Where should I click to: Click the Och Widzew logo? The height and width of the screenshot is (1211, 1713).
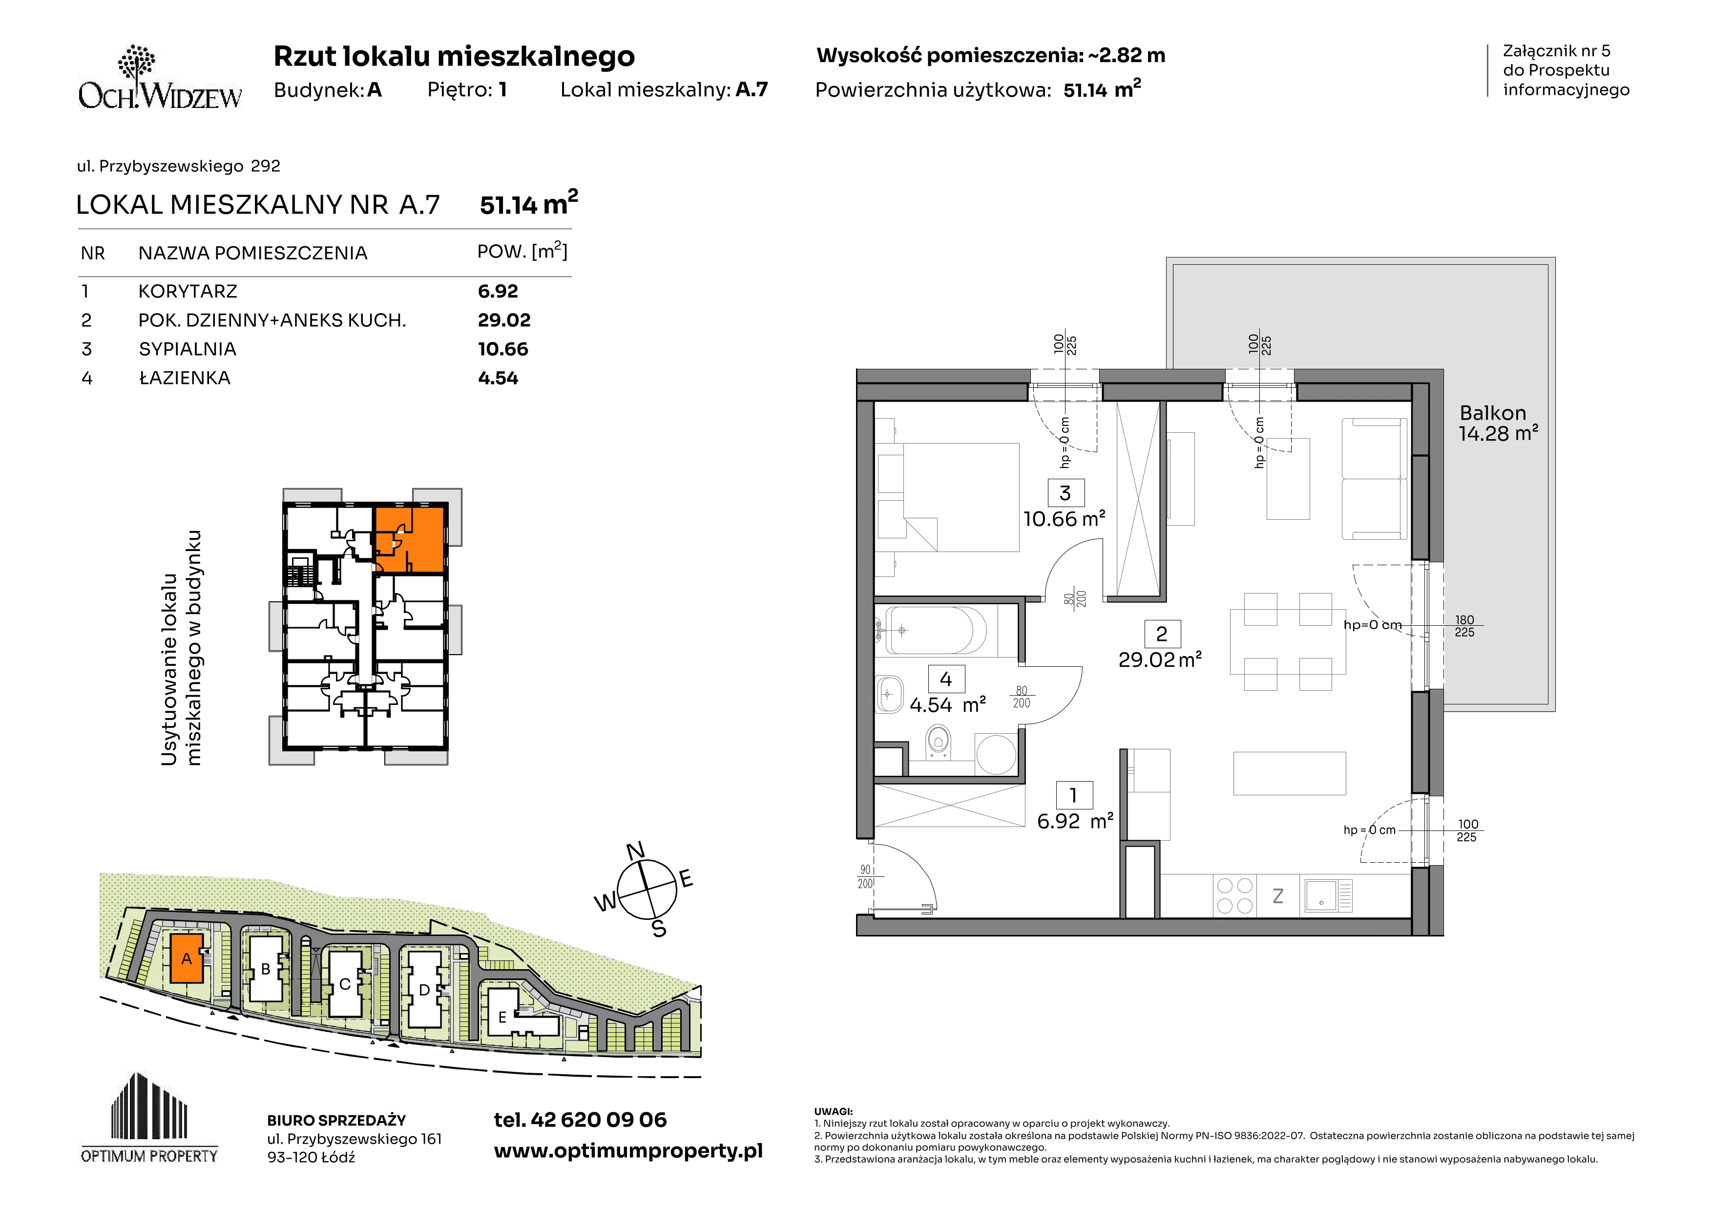160,78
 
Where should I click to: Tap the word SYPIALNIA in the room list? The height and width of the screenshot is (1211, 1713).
187,349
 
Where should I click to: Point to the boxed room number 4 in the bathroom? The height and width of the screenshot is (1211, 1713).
946,679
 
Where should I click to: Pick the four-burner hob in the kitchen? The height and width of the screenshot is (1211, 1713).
1235,895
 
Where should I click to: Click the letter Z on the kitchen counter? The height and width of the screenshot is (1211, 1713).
1278,896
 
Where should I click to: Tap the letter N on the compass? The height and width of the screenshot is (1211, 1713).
635,851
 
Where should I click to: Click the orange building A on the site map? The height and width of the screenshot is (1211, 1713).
187,958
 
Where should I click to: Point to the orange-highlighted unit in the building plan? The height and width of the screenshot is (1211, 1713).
410,538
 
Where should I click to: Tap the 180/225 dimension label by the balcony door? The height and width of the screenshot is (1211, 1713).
1464,626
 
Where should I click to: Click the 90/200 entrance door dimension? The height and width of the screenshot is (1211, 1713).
865,877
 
